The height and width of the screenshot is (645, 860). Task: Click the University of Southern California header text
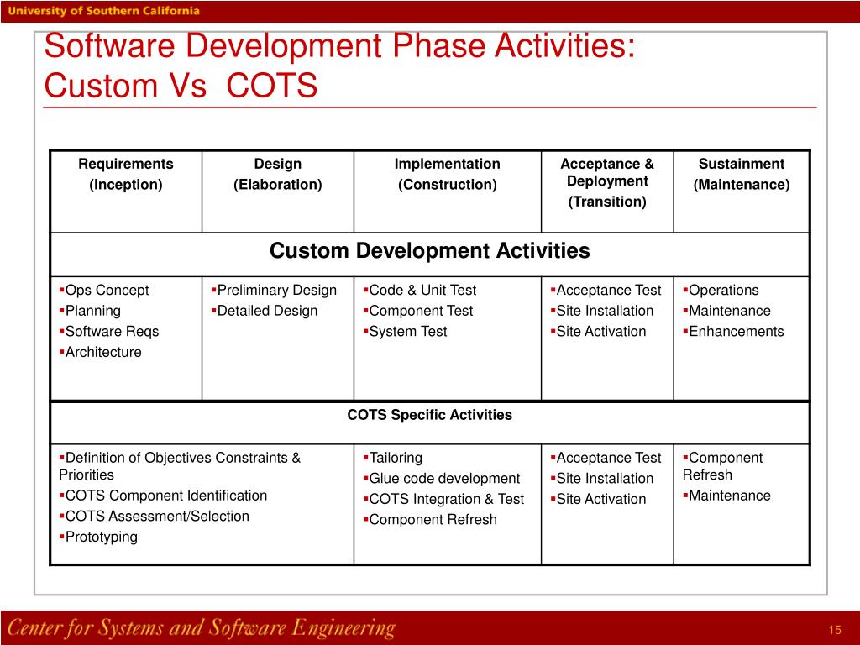click(105, 11)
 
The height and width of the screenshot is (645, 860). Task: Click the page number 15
click(834, 631)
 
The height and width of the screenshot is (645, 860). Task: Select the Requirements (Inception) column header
click(126, 174)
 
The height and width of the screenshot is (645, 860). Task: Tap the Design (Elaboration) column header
click(277, 174)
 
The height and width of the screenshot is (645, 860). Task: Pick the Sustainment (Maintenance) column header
click(741, 174)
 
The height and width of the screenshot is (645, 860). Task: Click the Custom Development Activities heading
click(429, 251)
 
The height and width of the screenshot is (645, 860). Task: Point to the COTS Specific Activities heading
click(429, 415)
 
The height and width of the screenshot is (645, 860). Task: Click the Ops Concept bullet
click(107, 291)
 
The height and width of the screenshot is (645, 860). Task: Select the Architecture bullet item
click(103, 353)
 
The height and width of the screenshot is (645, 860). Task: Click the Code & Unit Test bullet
click(422, 291)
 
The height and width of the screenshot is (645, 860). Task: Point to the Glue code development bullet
click(444, 479)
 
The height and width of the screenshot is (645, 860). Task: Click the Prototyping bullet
click(101, 537)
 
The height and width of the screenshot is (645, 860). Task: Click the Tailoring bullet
click(396, 459)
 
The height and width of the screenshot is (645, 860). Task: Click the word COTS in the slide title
click(273, 86)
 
